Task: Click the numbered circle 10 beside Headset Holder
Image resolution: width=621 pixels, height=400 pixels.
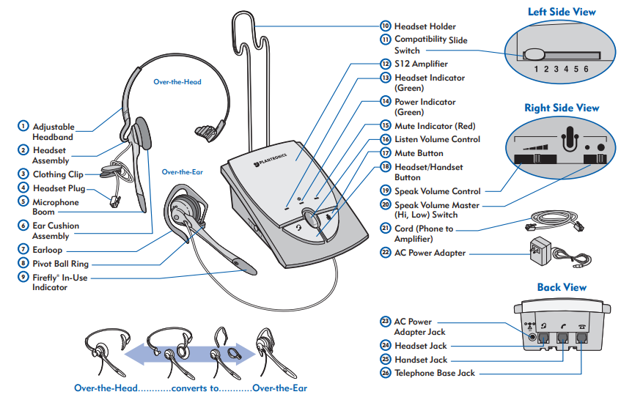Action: tap(385, 26)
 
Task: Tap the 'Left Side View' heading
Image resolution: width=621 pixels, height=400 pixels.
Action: tap(562, 12)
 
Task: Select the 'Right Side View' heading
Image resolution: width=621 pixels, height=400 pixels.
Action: tap(562, 108)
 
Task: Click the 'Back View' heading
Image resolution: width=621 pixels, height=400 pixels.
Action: tap(562, 287)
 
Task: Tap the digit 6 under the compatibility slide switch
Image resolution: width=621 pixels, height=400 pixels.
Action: tap(586, 70)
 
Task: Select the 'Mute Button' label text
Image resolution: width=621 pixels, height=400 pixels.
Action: tap(419, 153)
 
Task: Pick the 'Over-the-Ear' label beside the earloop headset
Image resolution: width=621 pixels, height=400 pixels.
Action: tap(183, 171)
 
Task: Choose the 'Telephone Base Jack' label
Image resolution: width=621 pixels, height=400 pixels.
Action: tap(434, 373)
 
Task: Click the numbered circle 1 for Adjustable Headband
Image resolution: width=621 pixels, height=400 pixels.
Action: tap(23, 126)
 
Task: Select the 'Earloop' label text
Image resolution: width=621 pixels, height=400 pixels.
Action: tap(48, 249)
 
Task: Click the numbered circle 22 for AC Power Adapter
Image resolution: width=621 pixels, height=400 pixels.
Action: tap(385, 253)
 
